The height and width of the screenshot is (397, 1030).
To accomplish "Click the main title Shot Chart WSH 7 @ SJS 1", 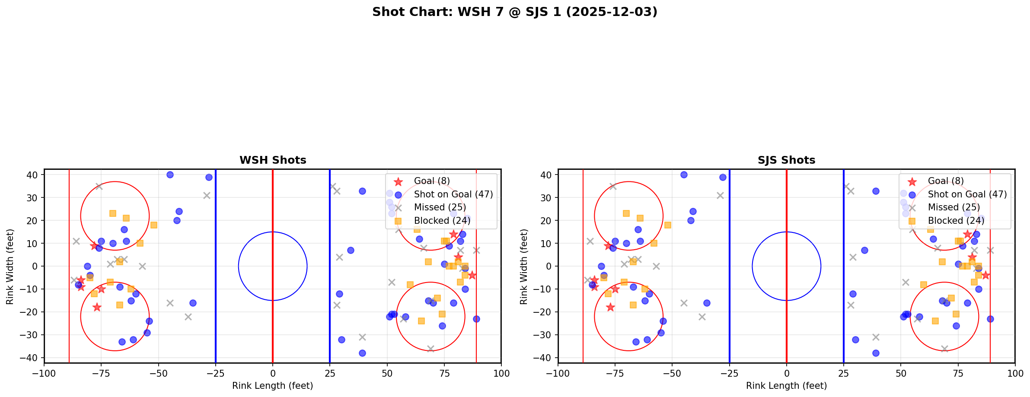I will click(514, 12).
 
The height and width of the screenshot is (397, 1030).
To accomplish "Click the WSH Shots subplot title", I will click(273, 160).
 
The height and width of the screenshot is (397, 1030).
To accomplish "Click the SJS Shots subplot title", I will click(786, 160).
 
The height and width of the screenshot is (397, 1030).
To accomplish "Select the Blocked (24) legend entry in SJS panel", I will click(956, 221).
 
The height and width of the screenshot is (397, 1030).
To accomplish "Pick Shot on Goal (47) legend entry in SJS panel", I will click(967, 194).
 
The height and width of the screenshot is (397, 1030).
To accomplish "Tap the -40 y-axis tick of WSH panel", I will click(32, 358).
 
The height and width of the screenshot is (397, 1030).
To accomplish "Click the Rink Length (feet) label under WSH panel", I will click(272, 386).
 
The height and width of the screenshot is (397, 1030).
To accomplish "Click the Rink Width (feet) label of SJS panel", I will click(524, 266).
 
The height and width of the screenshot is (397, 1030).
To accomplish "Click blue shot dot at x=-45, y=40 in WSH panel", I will click(170, 175).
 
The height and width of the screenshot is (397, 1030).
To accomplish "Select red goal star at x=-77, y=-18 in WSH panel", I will click(97, 307).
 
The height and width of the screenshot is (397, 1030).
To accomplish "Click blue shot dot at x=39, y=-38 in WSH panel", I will click(362, 353).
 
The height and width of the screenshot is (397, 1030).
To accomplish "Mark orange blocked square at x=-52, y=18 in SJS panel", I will click(667, 225).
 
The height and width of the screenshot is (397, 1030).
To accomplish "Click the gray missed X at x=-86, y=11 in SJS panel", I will click(590, 241).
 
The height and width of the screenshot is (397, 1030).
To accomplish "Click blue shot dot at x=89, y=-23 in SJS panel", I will click(990, 319).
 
